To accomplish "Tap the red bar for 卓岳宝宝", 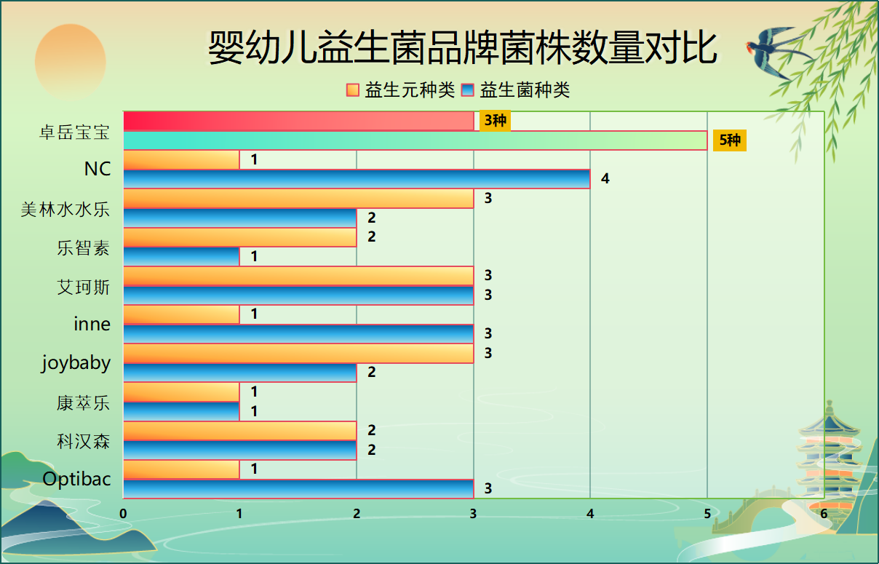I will [x=298, y=121].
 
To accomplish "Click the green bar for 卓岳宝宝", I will [x=415, y=140].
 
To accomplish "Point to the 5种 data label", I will [x=729, y=140].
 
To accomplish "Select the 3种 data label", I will [x=495, y=121].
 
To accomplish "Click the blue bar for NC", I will [x=357, y=179].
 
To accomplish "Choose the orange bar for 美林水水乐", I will [x=298, y=198].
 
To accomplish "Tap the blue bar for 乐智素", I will [x=181, y=256].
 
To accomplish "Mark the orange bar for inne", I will [x=181, y=314].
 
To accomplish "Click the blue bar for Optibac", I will [x=298, y=488].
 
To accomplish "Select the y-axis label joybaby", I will [x=76, y=363].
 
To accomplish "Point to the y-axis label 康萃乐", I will [x=83, y=402].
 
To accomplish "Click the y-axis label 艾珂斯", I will [x=83, y=287].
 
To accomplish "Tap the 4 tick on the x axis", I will [x=590, y=514].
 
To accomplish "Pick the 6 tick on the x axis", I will [x=824, y=514].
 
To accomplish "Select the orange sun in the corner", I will [x=71, y=61].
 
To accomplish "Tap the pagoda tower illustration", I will [x=830, y=458].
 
